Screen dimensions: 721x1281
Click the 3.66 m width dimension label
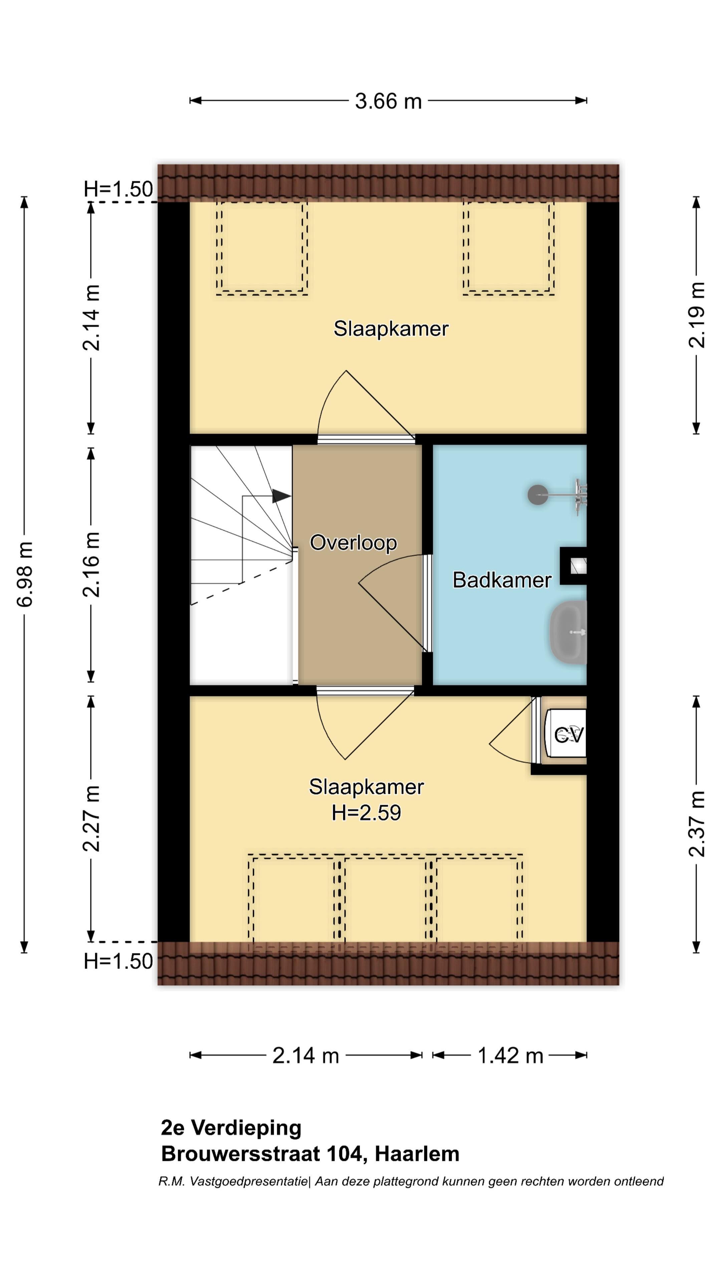click(388, 101)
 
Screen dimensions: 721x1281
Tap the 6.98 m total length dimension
click(25, 574)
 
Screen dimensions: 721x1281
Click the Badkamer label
click(502, 580)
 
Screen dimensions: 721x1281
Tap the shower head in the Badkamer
click(538, 495)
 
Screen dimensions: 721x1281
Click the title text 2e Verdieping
click(231, 1128)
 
